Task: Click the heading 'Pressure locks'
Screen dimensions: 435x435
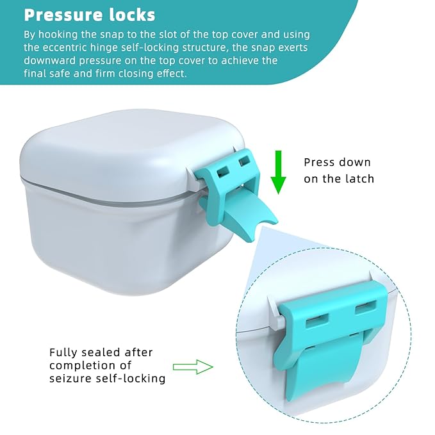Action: click(90, 14)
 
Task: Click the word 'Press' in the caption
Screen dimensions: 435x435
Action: click(320, 163)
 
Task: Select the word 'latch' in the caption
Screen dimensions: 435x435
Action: click(359, 179)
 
